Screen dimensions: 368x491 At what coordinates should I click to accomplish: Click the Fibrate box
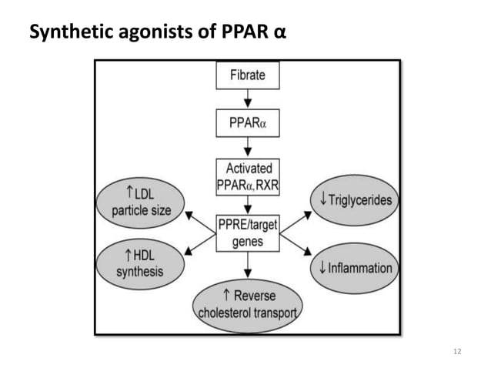247,75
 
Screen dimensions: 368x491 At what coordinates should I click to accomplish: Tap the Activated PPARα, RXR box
247,176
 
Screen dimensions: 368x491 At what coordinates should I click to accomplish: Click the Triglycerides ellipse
355,199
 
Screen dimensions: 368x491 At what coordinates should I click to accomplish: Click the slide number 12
457,351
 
